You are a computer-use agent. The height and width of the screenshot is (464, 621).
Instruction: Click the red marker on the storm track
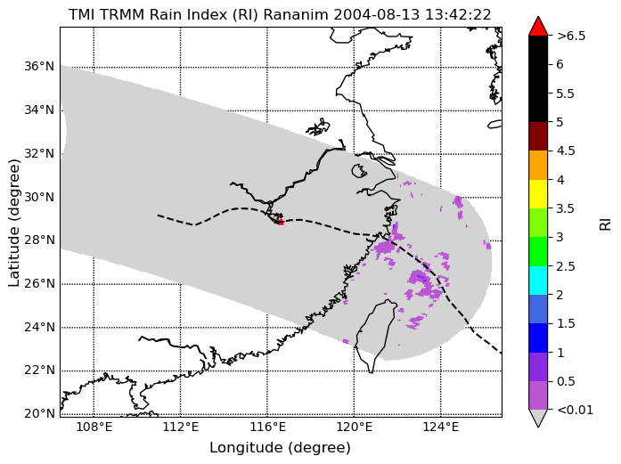point(281,223)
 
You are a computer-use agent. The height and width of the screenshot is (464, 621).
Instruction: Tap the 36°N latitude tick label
point(39,66)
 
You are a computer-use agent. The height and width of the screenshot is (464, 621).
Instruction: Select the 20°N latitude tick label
point(39,414)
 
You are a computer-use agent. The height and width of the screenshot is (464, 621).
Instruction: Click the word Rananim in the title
point(296,15)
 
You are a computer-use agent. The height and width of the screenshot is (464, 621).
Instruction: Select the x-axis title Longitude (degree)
point(280,448)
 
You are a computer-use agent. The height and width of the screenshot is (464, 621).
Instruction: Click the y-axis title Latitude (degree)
point(13,223)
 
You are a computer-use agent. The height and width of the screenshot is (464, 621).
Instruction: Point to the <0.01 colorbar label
point(575,410)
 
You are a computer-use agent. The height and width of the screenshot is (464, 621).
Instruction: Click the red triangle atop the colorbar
point(538,27)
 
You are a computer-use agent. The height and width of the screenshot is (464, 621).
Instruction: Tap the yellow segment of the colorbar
point(538,194)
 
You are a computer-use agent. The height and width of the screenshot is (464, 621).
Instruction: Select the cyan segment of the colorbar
point(538,281)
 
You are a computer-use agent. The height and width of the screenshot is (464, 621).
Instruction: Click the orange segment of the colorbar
point(538,165)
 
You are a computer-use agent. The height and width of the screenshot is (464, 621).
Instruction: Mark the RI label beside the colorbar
point(605,224)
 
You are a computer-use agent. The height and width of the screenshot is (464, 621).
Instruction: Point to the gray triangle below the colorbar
point(538,418)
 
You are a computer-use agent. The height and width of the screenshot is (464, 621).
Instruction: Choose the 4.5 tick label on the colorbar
point(566,151)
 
